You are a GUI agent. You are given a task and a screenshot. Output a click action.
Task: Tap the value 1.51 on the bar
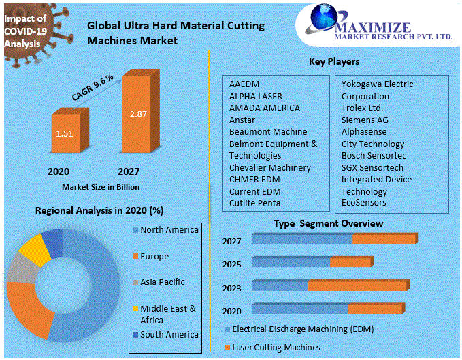(65, 133)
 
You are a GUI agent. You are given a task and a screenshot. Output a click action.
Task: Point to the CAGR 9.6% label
(93, 88)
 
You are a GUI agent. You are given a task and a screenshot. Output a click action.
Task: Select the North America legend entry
(169, 230)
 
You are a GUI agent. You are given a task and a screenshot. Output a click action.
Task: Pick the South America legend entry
(169, 334)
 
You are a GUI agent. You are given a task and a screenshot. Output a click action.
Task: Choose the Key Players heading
(334, 61)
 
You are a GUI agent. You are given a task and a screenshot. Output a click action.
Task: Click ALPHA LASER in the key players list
(255, 96)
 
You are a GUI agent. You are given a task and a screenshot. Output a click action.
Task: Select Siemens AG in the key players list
(364, 120)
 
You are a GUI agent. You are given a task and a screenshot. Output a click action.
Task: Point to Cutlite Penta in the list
(254, 203)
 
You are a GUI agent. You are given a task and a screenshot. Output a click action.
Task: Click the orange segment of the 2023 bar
(357, 285)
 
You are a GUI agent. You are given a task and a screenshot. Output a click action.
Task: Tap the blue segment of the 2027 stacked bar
(303, 238)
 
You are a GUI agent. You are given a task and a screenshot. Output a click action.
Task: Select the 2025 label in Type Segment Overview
(231, 264)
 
